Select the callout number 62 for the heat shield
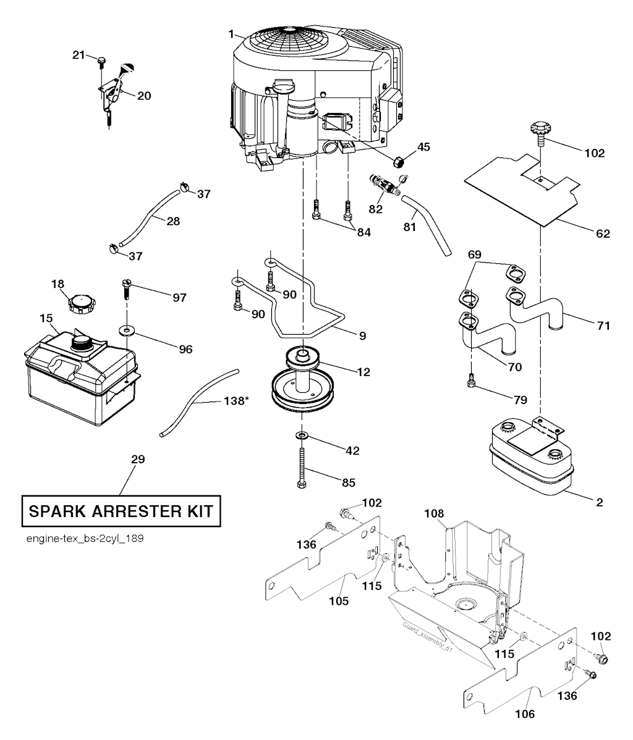(x=603, y=233)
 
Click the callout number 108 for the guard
(x=434, y=513)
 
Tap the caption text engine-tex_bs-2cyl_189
(x=85, y=539)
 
